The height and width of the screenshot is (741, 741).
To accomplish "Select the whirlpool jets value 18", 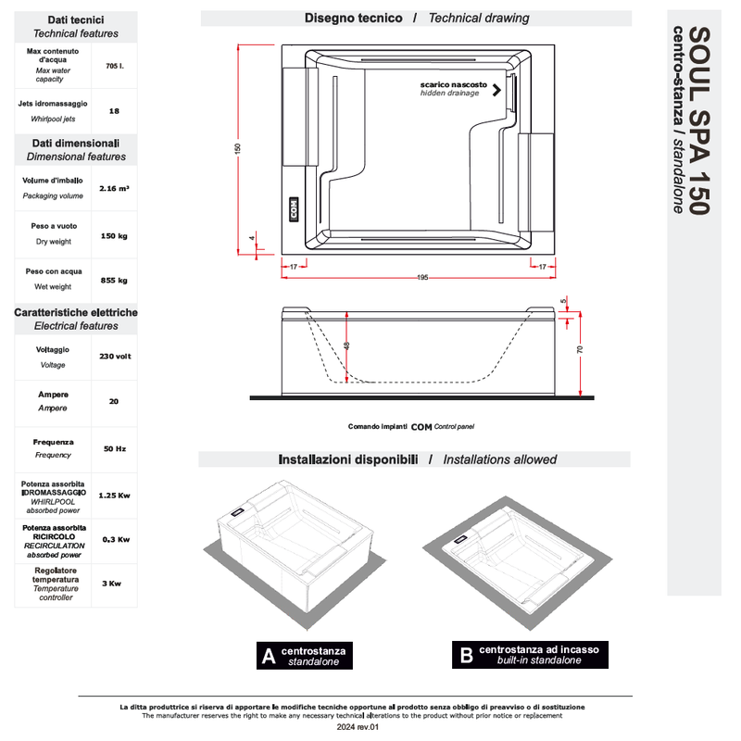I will pyautogui.click(x=114, y=111).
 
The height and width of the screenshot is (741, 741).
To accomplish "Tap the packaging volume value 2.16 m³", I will pyautogui.click(x=114, y=188).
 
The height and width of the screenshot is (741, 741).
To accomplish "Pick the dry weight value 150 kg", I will pyautogui.click(x=114, y=235).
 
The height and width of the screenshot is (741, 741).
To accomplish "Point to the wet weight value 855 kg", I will pyautogui.click(x=114, y=280).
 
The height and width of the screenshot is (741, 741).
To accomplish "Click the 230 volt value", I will pyautogui.click(x=114, y=357).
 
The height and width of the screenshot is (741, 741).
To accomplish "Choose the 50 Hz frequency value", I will pyautogui.click(x=114, y=448).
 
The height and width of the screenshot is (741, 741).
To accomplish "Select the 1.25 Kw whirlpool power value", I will pyautogui.click(x=114, y=496).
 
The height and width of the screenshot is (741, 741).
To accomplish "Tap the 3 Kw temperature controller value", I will pyautogui.click(x=111, y=584).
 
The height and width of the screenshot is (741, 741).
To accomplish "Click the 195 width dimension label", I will pyautogui.click(x=421, y=278).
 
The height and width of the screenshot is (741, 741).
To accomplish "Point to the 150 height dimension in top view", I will pyautogui.click(x=238, y=148).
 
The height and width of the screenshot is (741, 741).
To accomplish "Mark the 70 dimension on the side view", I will pyautogui.click(x=579, y=349).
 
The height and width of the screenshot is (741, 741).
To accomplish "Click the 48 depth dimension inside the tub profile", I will pyautogui.click(x=346, y=345).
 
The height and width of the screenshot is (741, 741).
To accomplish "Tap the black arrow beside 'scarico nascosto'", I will pyautogui.click(x=497, y=90).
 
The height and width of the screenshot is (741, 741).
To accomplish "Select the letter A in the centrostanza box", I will pyautogui.click(x=269, y=657).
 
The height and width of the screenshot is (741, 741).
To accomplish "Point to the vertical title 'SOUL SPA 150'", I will pyautogui.click(x=700, y=120).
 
